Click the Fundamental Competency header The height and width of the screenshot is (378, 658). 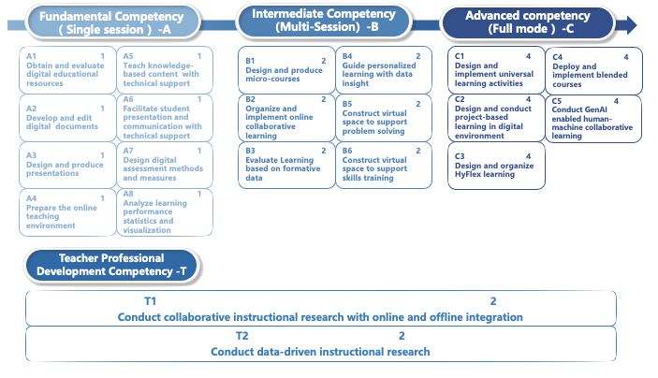coord(116,22)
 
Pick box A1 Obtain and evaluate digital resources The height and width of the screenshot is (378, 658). coord(66,71)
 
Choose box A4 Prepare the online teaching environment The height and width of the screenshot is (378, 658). coord(66,211)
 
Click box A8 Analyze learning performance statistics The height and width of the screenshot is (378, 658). coord(164,211)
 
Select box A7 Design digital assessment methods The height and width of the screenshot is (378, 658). coord(164,165)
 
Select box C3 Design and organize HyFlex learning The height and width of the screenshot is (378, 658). coord(493,165)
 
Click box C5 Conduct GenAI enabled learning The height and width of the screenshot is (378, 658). coord(593,118)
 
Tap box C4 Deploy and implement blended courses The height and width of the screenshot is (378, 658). coord(593,71)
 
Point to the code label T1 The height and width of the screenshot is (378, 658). coord(151,301)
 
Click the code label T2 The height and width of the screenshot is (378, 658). coord(242,336)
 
